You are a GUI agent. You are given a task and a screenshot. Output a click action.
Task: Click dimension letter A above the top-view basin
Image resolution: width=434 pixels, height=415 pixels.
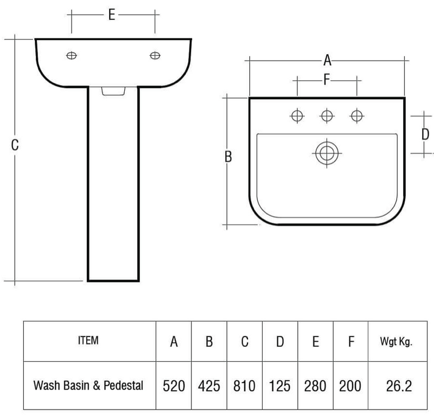pyautogui.click(x=327, y=60)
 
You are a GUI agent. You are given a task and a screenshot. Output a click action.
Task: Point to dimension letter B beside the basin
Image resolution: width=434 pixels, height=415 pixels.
pyautogui.click(x=228, y=157)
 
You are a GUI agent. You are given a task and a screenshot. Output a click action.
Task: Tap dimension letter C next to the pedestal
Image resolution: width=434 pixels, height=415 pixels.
pyautogui.click(x=15, y=145)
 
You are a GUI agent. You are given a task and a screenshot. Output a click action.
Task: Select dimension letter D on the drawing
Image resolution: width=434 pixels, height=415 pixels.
pyautogui.click(x=425, y=134)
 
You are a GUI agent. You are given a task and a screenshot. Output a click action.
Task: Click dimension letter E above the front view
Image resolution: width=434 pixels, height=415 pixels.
pyautogui.click(x=111, y=15)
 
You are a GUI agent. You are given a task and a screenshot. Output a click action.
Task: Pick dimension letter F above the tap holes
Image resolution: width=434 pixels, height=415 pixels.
pyautogui.click(x=327, y=80)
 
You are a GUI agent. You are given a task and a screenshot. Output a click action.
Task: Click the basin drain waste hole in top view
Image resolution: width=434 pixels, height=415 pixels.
pyautogui.click(x=325, y=152)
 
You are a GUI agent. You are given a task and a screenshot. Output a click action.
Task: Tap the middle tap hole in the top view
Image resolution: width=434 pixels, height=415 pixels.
pyautogui.click(x=327, y=115)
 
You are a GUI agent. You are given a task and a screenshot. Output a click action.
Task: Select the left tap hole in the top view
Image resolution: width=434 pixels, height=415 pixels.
pyautogui.click(x=297, y=115)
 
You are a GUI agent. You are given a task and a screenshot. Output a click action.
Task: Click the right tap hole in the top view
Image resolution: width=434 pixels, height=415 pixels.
pyautogui.click(x=356, y=115)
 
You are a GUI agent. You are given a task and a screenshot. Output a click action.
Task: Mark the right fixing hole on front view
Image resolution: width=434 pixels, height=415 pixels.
pyautogui.click(x=155, y=55)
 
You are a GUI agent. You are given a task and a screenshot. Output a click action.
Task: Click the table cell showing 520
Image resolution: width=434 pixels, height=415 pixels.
pyautogui.click(x=174, y=386)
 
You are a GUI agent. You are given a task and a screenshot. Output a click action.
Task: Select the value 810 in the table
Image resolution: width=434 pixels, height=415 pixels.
pyautogui.click(x=245, y=386)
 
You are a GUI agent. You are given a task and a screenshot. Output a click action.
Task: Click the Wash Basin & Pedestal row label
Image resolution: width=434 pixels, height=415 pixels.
pyautogui.click(x=88, y=386)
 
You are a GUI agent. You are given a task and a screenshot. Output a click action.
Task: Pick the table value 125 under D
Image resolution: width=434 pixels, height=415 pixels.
pyautogui.click(x=280, y=386)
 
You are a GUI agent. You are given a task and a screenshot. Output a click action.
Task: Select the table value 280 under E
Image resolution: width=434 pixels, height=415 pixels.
pyautogui.click(x=315, y=386)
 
